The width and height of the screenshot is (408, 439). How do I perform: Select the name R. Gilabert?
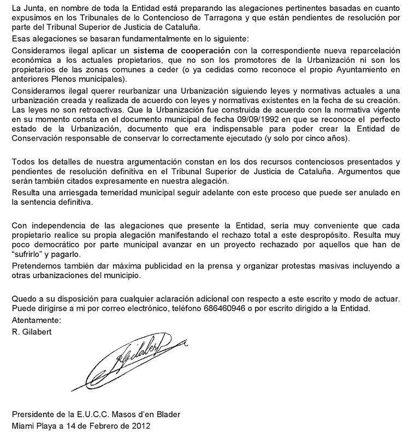pyautogui.click(x=30, y=331)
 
